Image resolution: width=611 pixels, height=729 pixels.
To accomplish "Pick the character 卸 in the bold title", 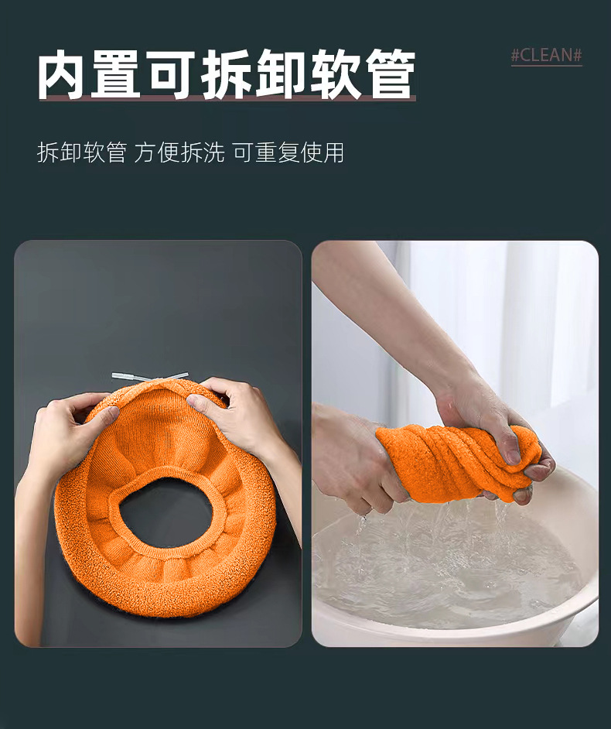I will click(x=280, y=75).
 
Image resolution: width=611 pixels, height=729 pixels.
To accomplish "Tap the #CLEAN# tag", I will click(x=546, y=56).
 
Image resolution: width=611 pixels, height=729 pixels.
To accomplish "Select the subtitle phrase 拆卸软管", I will click(x=81, y=152).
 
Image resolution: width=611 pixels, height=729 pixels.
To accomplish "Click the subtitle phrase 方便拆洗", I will click(x=179, y=152).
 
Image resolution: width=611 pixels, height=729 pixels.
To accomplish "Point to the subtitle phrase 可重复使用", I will click(x=288, y=152).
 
